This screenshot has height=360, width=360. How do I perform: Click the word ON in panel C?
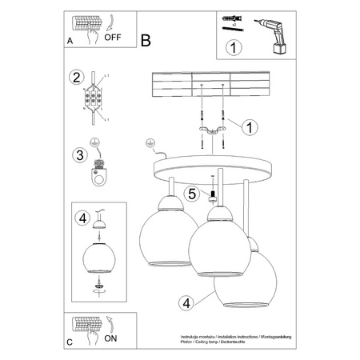[x=112, y=338]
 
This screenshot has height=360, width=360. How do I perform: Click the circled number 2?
[x=77, y=78]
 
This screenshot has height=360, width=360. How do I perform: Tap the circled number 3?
[x=78, y=154]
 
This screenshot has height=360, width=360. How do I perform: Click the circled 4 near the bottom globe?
[x=186, y=302]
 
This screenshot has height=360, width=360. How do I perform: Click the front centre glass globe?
[x=214, y=247]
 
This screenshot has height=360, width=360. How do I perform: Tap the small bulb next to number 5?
[x=214, y=196]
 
